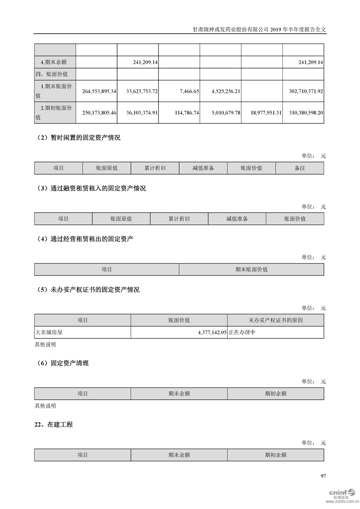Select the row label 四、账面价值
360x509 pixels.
click(51, 74)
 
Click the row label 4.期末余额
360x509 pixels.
click(53, 62)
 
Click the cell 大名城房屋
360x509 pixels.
click(49, 333)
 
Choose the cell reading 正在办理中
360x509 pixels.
click(243, 333)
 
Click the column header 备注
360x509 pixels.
click(300, 168)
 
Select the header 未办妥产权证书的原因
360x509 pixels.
click(276, 320)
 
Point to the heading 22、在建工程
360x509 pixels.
click(54, 425)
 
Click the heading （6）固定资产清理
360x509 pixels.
click(62, 363)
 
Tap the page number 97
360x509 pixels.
click(323, 476)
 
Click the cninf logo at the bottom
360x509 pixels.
click(341, 494)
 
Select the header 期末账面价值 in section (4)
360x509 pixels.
click(252, 269)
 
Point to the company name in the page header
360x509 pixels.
click(230, 28)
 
